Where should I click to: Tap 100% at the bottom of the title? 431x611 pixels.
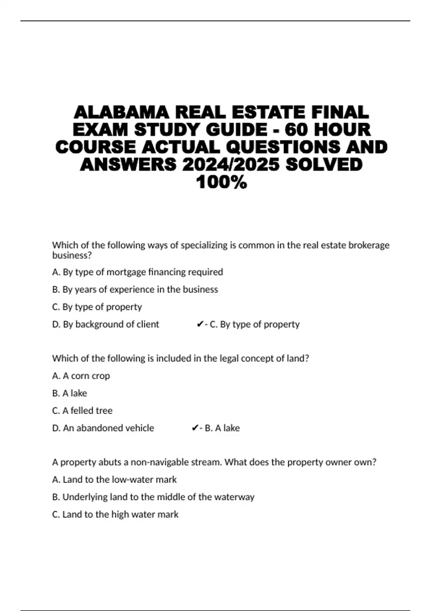click(222, 182)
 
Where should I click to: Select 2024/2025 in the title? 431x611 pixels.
click(231, 165)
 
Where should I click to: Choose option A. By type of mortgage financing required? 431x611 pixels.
click(138, 272)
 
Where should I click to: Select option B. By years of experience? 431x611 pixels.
click(135, 290)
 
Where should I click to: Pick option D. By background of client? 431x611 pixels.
click(106, 324)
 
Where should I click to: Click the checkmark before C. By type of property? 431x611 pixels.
click(200, 325)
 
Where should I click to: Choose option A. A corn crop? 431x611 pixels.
click(81, 376)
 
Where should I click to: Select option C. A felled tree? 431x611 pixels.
click(82, 410)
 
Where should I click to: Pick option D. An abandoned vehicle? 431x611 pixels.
click(103, 428)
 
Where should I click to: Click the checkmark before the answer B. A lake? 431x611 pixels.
click(195, 428)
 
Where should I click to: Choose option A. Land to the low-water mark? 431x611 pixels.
click(115, 479)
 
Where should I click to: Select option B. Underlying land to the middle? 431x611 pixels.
click(153, 497)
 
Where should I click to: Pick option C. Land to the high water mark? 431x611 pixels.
click(115, 514)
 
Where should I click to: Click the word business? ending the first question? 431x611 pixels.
click(72, 255)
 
